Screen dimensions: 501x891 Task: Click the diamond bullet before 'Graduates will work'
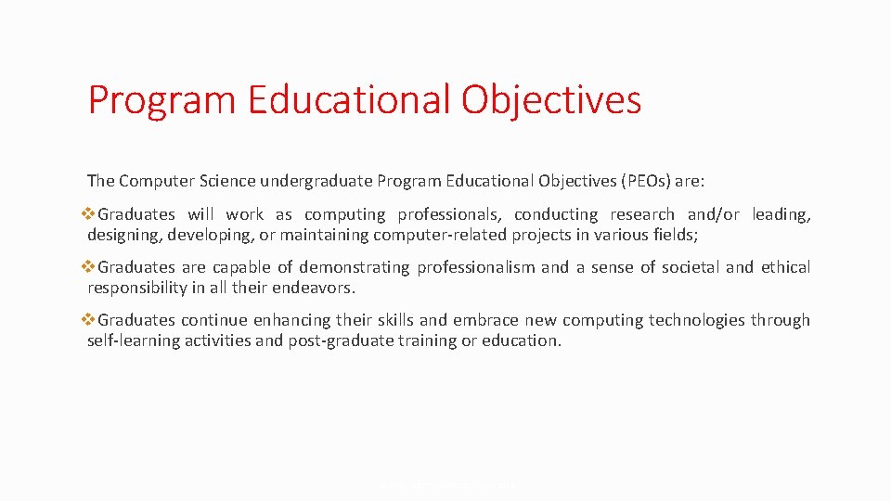click(x=90, y=214)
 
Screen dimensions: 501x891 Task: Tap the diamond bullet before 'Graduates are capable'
click(x=90, y=267)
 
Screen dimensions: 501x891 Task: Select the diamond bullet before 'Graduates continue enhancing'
click(x=90, y=320)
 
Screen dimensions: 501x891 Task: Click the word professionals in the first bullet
click(x=449, y=214)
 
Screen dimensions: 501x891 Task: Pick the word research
click(x=641, y=214)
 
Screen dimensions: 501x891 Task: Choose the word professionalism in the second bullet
click(x=475, y=267)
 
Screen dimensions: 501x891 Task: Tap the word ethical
click(x=785, y=267)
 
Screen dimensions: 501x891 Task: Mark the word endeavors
click(x=313, y=288)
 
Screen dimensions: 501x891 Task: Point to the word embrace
click(x=487, y=320)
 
